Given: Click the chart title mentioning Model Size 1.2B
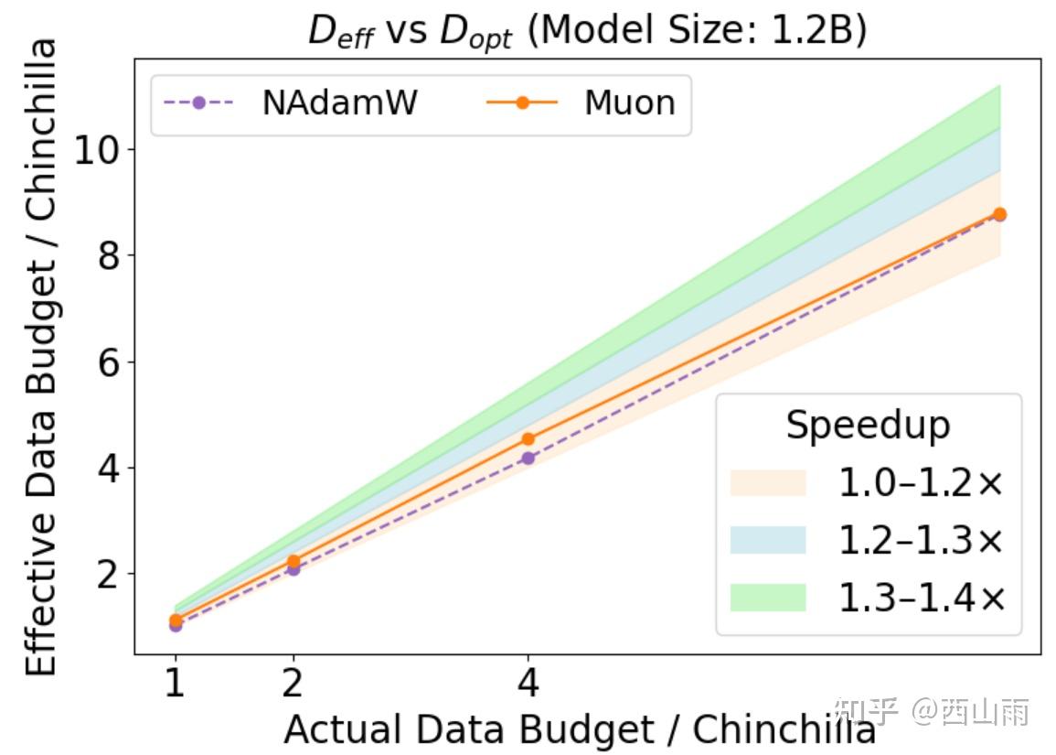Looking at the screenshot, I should [587, 31].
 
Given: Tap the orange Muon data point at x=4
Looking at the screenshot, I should [528, 438].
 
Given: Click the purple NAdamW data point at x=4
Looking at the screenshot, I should [528, 458].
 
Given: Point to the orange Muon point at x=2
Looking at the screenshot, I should [293, 561].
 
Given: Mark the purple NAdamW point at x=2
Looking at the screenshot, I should [293, 569].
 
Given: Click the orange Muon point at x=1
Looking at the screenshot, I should [176, 620].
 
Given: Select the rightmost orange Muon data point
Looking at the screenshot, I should [999, 214].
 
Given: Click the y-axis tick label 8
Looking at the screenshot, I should [109, 255].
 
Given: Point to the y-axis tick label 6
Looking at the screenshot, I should [109, 361].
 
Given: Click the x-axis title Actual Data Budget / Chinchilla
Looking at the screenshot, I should [580, 729].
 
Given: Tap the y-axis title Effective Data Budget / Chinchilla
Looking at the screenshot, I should [40, 357].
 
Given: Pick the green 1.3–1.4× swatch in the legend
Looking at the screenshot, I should [768, 598].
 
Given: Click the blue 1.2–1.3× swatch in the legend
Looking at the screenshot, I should [768, 540].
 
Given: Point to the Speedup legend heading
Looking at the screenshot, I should [868, 426].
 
